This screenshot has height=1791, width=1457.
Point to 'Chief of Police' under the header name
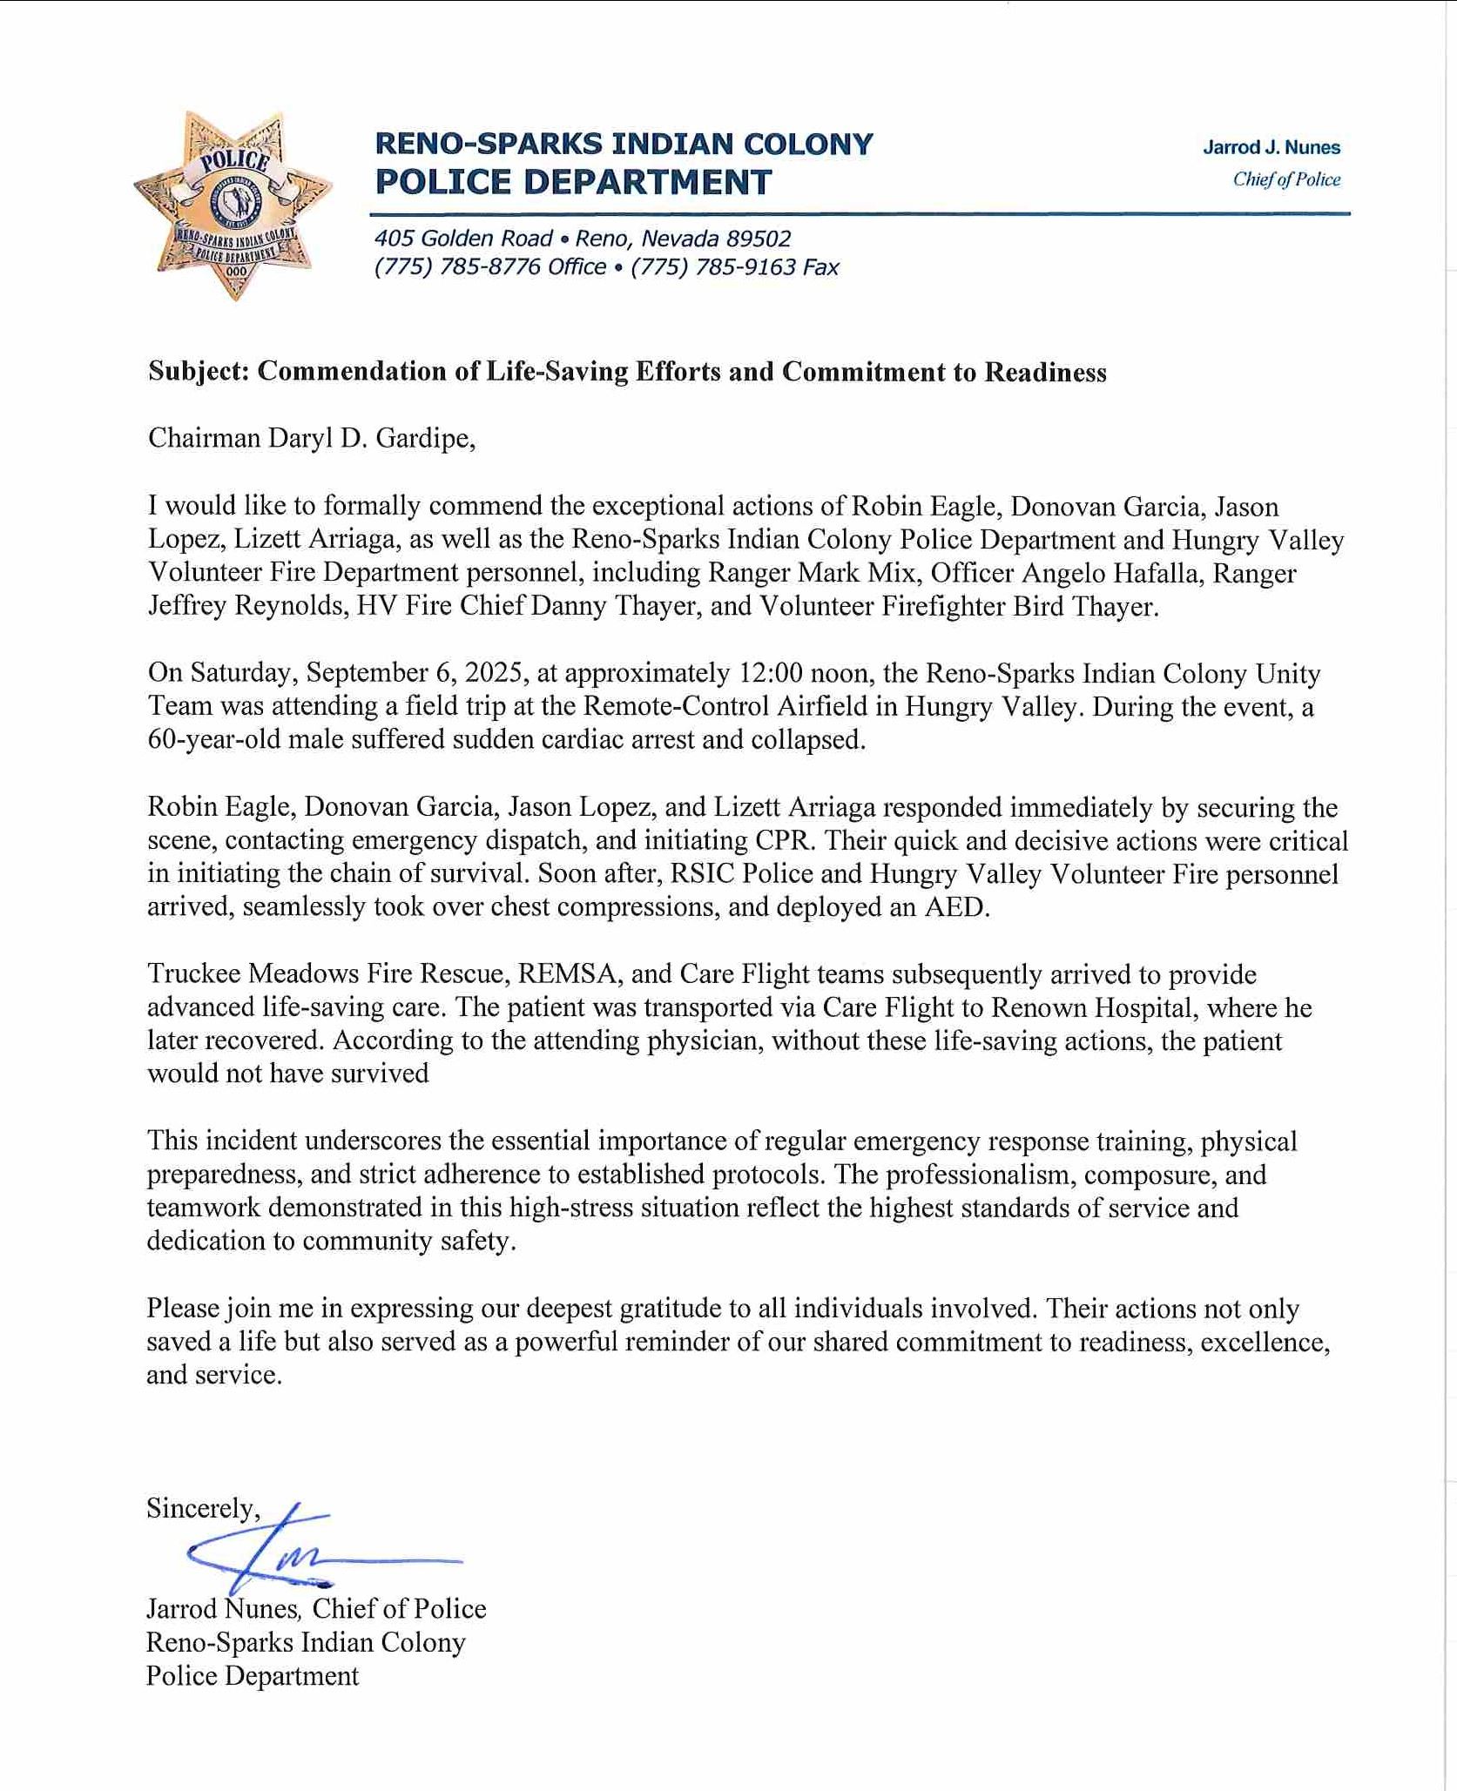(1286, 179)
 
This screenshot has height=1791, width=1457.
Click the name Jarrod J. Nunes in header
(1271, 147)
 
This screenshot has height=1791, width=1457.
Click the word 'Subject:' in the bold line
(199, 372)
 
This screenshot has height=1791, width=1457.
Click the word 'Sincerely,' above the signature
(203, 1508)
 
